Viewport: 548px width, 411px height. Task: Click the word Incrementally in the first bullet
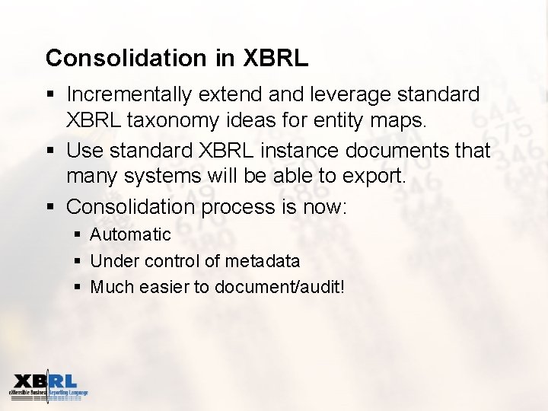click(130, 94)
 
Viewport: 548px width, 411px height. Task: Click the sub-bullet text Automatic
click(130, 234)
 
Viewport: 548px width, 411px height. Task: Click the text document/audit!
click(279, 288)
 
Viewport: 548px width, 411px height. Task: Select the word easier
click(166, 288)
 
